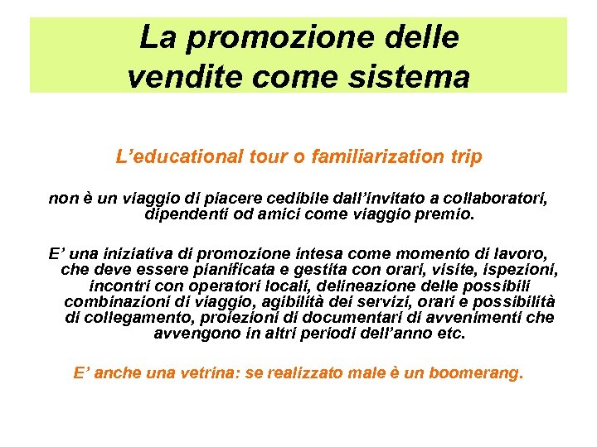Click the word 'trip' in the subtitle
(x=464, y=156)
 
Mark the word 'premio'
(x=449, y=214)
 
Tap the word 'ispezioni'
(x=521, y=271)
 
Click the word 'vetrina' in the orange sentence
(x=202, y=373)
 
